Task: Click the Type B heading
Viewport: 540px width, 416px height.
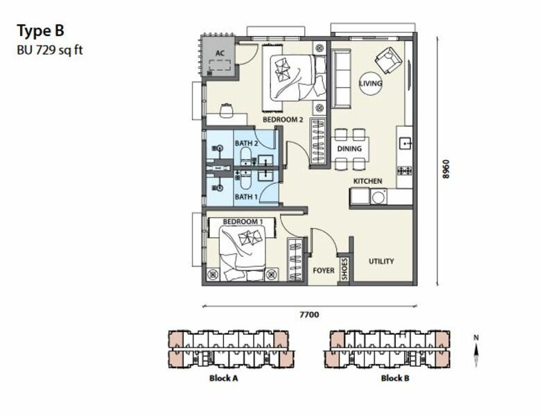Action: coord(41,31)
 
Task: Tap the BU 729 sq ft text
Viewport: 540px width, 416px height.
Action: coord(50,51)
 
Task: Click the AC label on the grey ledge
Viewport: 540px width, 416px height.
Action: coord(220,53)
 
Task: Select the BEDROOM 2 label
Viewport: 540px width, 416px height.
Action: coord(283,119)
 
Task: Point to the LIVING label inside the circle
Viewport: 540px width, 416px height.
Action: coord(371,83)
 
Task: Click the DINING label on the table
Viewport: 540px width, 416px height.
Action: coord(349,149)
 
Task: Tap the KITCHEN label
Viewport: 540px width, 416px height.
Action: coord(367,181)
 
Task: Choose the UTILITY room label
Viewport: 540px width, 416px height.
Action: coord(381,261)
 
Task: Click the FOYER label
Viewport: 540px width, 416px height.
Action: coord(324,270)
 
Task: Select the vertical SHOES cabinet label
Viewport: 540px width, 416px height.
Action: coord(345,269)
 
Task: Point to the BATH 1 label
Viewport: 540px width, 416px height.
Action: coord(246,197)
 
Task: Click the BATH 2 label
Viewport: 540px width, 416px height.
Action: coord(246,144)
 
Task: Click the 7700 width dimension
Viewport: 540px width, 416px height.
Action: coord(309,314)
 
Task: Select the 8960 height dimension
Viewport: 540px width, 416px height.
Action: coord(446,168)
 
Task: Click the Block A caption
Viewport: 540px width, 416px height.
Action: coord(223,378)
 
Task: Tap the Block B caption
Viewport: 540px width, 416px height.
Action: coord(395,378)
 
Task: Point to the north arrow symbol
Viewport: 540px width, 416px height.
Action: coord(476,352)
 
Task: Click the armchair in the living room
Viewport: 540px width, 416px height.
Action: coord(388,60)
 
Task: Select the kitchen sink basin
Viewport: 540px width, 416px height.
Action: coord(405,143)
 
